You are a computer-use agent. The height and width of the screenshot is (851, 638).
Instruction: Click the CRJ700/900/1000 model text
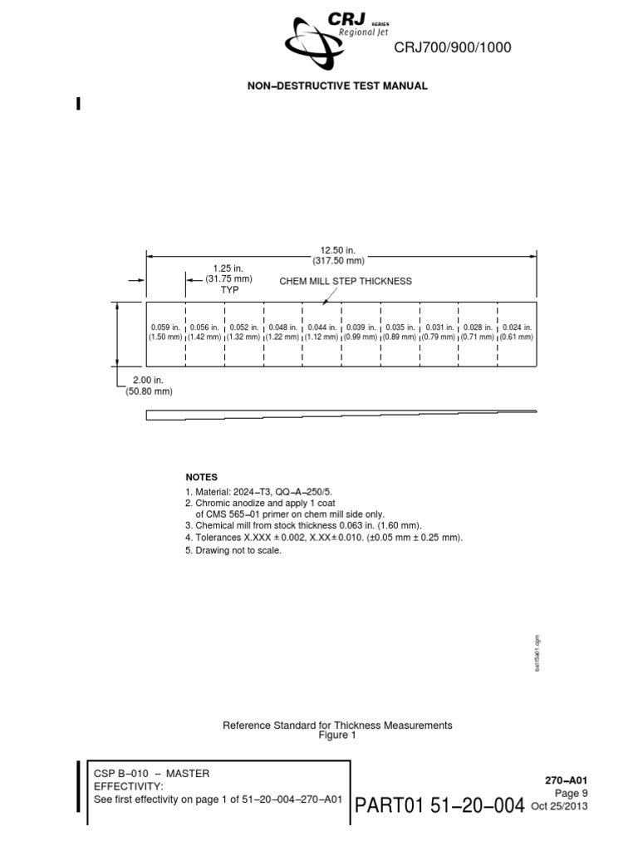click(453, 48)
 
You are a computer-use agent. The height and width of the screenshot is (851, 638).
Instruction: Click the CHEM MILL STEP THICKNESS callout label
click(346, 281)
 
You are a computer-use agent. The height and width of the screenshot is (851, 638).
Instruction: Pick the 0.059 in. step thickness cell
click(165, 332)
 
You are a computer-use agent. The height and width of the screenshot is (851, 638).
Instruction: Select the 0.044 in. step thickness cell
click(321, 332)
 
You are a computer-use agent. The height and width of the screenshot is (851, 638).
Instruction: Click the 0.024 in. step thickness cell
click(517, 332)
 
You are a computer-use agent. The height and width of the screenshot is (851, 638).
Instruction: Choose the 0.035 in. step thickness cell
click(400, 332)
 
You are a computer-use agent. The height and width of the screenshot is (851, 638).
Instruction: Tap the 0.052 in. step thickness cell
click(243, 332)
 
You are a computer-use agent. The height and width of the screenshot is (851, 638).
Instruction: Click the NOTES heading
click(201, 477)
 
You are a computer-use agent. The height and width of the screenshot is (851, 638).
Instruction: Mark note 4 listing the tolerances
click(323, 538)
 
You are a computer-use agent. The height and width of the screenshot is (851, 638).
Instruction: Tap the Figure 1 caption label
click(337, 735)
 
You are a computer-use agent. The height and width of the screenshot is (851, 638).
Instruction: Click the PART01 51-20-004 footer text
click(439, 805)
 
